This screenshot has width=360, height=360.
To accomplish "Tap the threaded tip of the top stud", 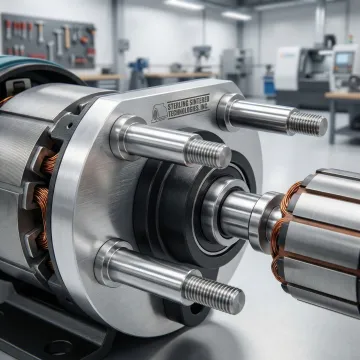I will click(307, 123).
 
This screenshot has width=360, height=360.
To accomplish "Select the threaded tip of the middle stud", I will click(208, 153).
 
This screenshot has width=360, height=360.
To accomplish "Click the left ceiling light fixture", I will click(184, 4).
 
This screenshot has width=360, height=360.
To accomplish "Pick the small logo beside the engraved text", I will click(159, 113).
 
